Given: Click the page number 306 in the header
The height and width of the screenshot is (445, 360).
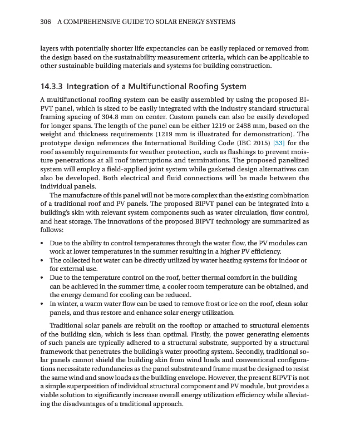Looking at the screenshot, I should (46, 22).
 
